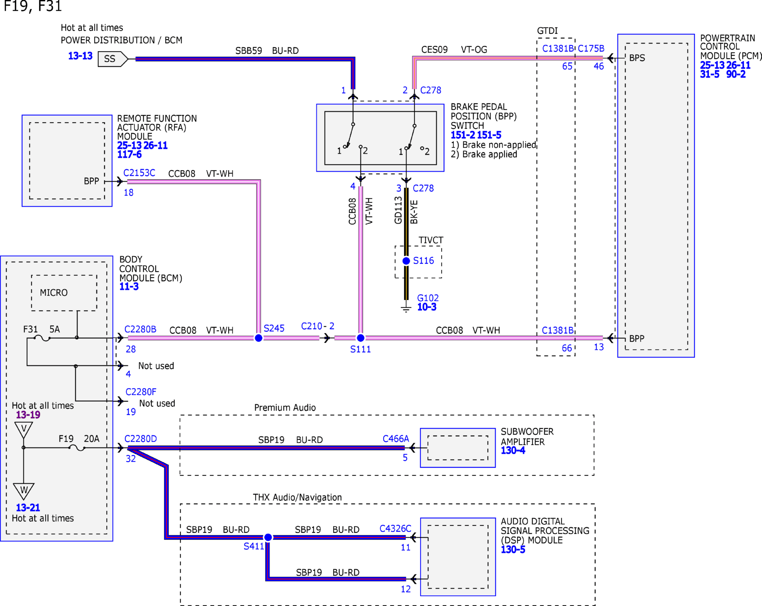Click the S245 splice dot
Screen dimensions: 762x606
point(258,338)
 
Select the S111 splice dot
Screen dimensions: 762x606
point(361,338)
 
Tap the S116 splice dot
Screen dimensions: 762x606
point(406,261)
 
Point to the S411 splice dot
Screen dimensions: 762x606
point(268,537)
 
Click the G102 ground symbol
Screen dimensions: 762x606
point(406,309)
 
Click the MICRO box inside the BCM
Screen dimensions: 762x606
point(64,293)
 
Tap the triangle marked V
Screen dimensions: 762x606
point(24,430)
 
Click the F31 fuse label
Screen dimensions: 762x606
point(30,329)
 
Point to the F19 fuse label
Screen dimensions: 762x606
point(66,438)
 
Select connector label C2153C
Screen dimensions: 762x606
point(139,173)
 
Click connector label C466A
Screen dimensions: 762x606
point(396,438)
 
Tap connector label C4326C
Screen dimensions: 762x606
point(395,528)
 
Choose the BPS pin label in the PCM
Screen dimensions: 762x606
point(637,58)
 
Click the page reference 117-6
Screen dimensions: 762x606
point(130,154)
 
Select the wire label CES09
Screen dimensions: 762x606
point(434,50)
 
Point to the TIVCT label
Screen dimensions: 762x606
point(431,240)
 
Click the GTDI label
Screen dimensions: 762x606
point(547,31)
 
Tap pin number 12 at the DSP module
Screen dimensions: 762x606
point(406,589)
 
